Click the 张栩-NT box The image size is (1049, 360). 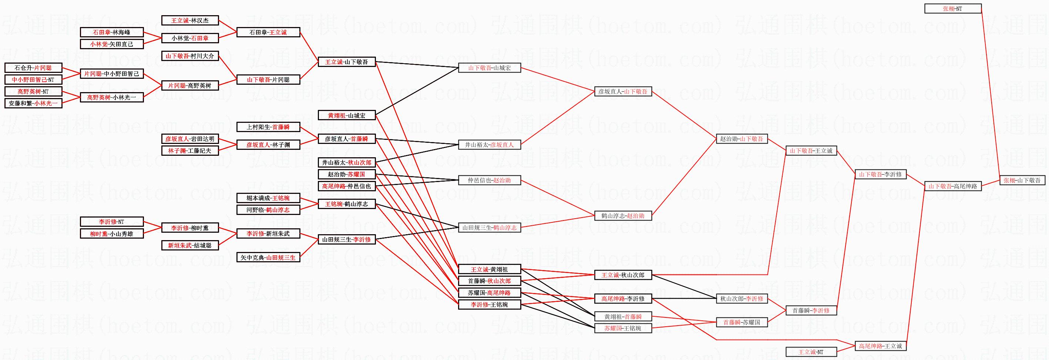point(952,9)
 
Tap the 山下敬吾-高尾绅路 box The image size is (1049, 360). point(952,186)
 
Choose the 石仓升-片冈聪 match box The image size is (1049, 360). point(33,68)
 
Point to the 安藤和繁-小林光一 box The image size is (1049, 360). point(33,104)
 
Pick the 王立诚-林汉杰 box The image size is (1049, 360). point(190,20)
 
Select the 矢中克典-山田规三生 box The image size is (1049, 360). point(268,258)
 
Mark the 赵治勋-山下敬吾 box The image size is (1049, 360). point(741,139)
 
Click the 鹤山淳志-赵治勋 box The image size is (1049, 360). point(623,216)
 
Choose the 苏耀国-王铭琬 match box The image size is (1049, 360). point(623,328)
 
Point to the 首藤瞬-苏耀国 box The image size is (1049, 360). point(741,322)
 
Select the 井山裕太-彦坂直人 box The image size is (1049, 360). point(489,145)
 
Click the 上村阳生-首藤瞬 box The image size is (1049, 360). point(268,127)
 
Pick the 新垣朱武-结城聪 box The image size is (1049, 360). point(190,246)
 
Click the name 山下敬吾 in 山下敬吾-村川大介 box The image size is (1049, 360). point(177,56)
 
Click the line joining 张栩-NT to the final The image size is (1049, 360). point(991,94)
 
